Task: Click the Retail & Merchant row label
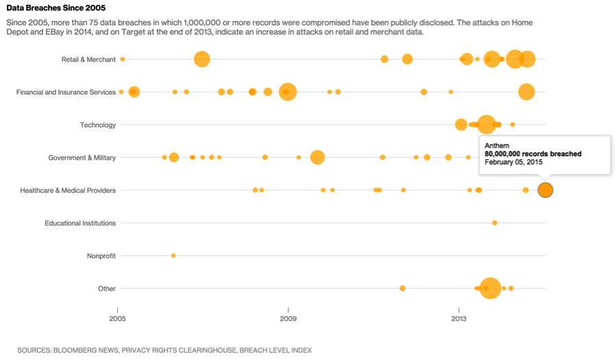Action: point(88,60)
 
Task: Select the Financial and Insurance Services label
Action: point(66,93)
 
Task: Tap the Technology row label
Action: point(98,125)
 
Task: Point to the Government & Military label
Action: point(82,158)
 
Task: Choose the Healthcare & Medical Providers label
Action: point(68,191)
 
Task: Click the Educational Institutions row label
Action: point(80,223)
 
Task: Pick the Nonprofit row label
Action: point(101,256)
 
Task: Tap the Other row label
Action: point(107,289)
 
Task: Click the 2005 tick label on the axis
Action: point(118,319)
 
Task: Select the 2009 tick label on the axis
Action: point(288,319)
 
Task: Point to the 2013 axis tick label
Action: point(458,319)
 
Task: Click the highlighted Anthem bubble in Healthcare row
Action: point(545,190)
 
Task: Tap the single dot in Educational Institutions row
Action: point(495,223)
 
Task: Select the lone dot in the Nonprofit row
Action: point(173,256)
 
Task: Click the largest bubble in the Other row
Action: point(490,288)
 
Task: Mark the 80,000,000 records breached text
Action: point(532,154)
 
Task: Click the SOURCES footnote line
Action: point(164,350)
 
